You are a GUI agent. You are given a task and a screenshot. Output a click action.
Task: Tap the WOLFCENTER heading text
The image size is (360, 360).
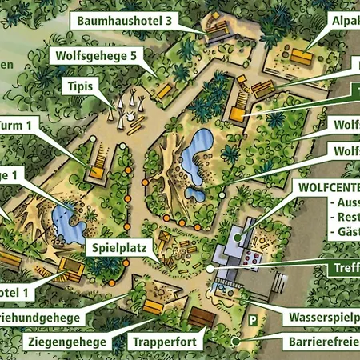(326, 186)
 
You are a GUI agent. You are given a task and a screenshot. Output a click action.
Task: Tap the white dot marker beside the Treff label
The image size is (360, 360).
(210, 270)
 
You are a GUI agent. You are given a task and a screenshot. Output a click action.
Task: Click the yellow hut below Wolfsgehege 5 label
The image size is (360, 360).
(164, 91)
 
